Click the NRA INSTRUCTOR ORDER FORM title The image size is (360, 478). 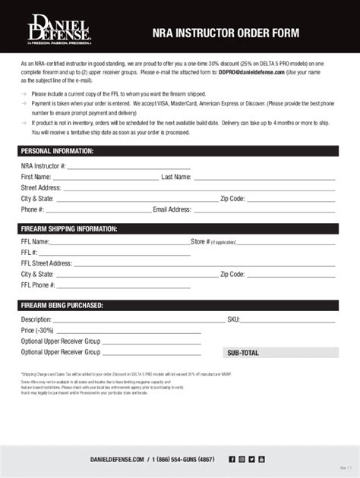pyautogui.click(x=226, y=33)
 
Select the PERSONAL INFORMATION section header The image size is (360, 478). pyautogui.click(x=57, y=150)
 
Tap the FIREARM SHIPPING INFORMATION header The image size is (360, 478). pyautogui.click(x=69, y=228)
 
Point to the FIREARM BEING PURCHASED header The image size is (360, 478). pyautogui.click(x=62, y=306)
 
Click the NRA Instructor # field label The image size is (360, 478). pyautogui.click(x=43, y=165)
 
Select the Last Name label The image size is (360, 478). pyautogui.click(x=176, y=177)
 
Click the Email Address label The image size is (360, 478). pyautogui.click(x=172, y=209)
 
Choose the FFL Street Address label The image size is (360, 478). pyautogui.click(x=46, y=264)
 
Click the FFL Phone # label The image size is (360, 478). pyautogui.click(x=38, y=286)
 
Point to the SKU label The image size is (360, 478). pyautogui.click(x=233, y=319)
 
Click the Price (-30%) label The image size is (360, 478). pyautogui.click(x=37, y=331)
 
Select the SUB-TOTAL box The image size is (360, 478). pyautogui.click(x=281, y=353)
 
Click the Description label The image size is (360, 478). pyautogui.click(x=36, y=319)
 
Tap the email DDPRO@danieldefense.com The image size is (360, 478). pyautogui.click(x=251, y=72)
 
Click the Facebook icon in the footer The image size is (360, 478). pyautogui.click(x=232, y=459)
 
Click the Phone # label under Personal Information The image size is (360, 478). pyautogui.click(x=33, y=209)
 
